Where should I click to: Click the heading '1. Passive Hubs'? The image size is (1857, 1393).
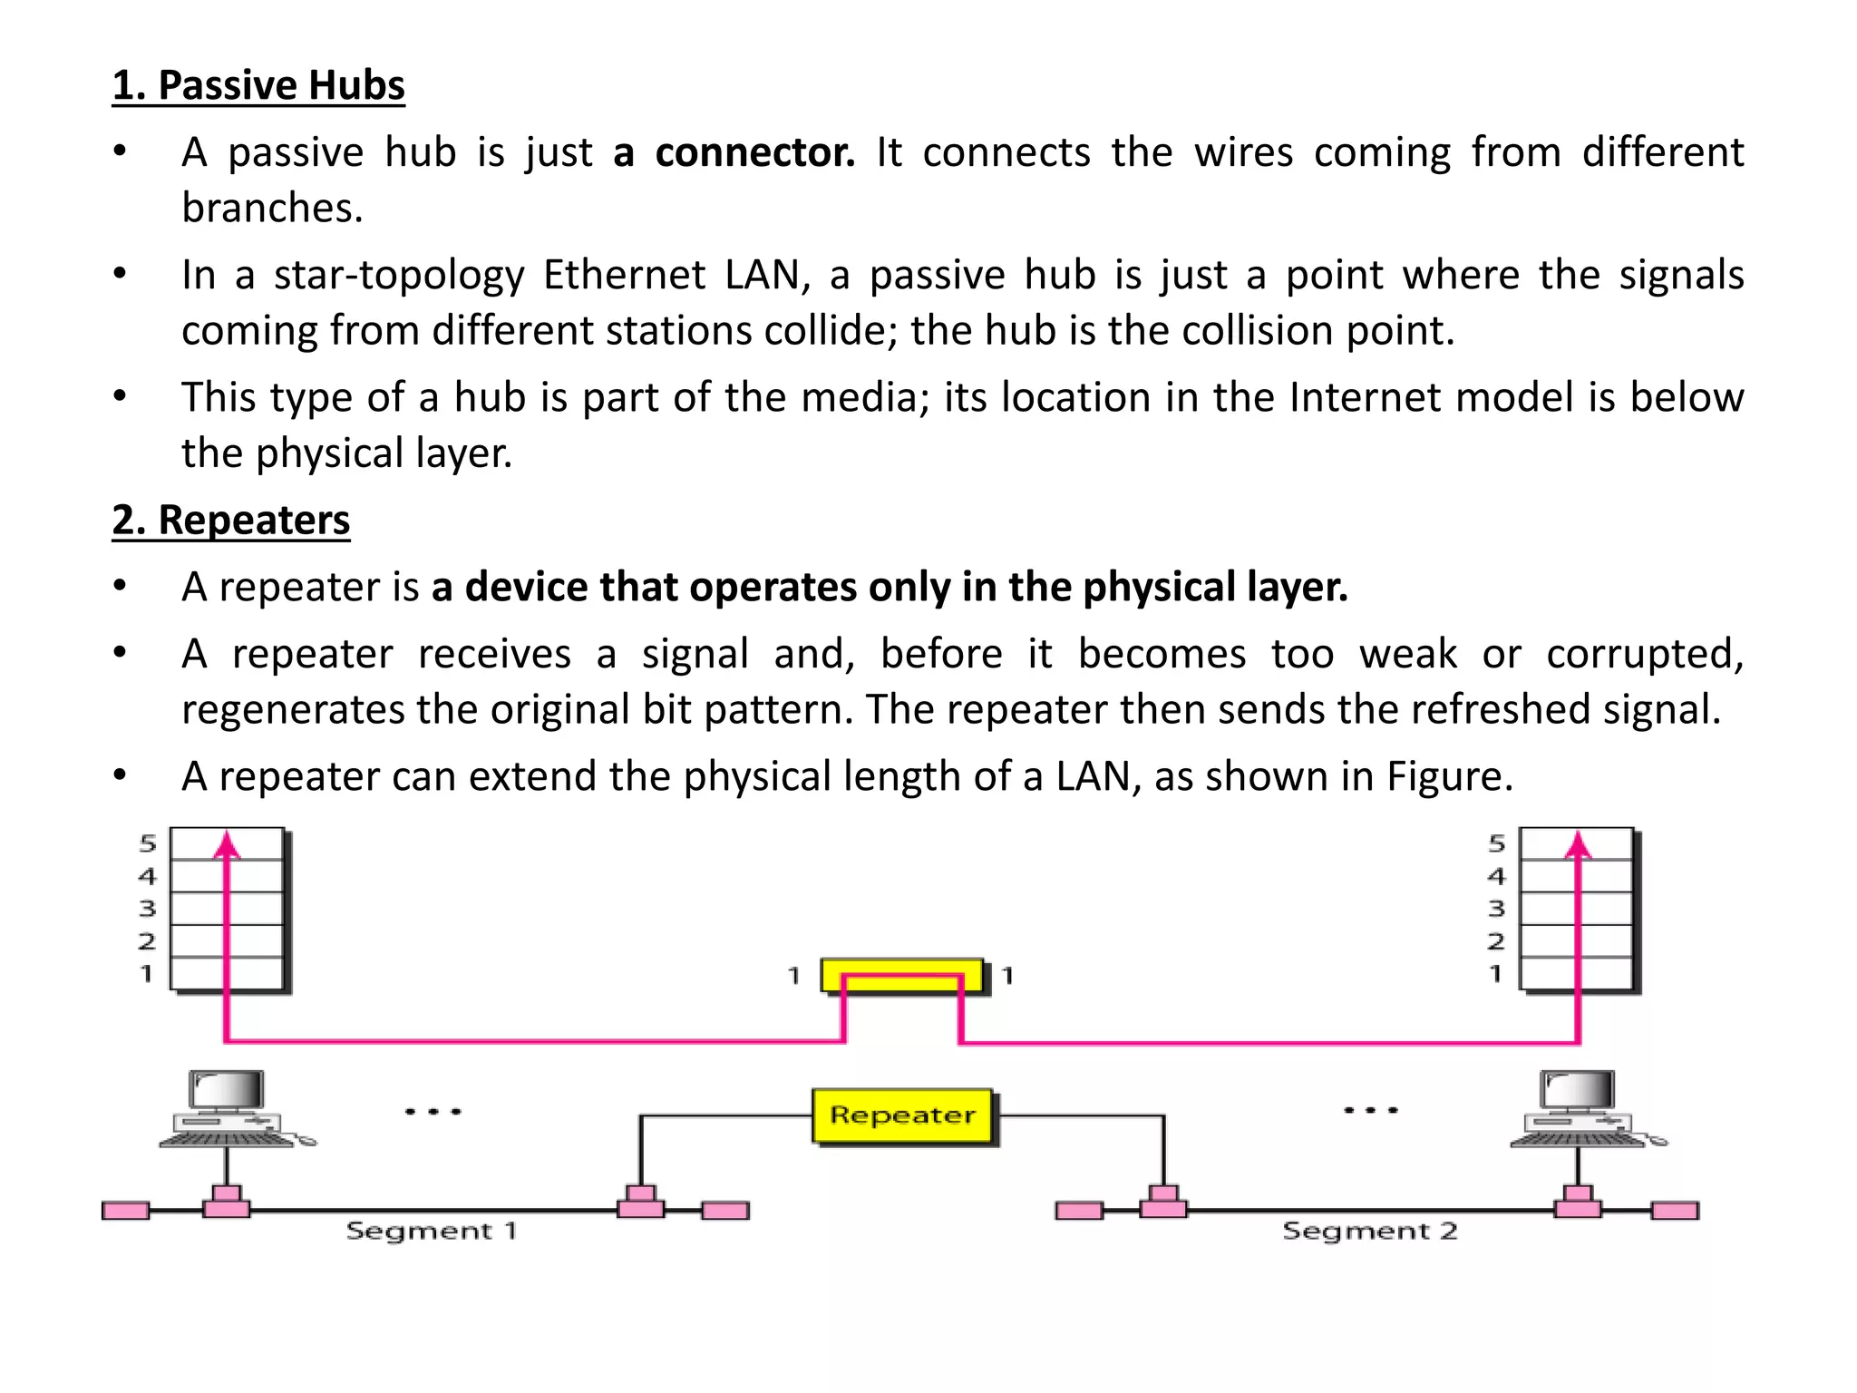click(258, 85)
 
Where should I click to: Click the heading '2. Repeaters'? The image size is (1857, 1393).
click(231, 520)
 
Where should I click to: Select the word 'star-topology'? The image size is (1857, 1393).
click(399, 275)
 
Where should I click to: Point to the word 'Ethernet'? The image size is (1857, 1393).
click(624, 275)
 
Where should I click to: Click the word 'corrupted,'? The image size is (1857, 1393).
click(1645, 654)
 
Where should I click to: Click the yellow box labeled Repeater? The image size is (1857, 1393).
click(903, 1115)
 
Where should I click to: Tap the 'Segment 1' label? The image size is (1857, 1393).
click(431, 1231)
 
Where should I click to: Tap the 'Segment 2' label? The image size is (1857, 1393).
click(1369, 1231)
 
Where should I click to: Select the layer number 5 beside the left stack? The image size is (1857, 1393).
click(148, 843)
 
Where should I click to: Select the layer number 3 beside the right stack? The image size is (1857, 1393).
click(1496, 909)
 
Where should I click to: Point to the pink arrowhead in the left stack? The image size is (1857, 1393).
click(227, 845)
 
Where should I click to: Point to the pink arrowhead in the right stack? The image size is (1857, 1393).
click(1579, 845)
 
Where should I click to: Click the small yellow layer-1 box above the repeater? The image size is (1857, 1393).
click(902, 976)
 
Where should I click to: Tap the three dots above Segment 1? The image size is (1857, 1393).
click(433, 1111)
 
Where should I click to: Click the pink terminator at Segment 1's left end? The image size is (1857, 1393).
click(126, 1211)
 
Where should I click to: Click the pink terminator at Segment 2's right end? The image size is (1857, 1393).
click(1675, 1211)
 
